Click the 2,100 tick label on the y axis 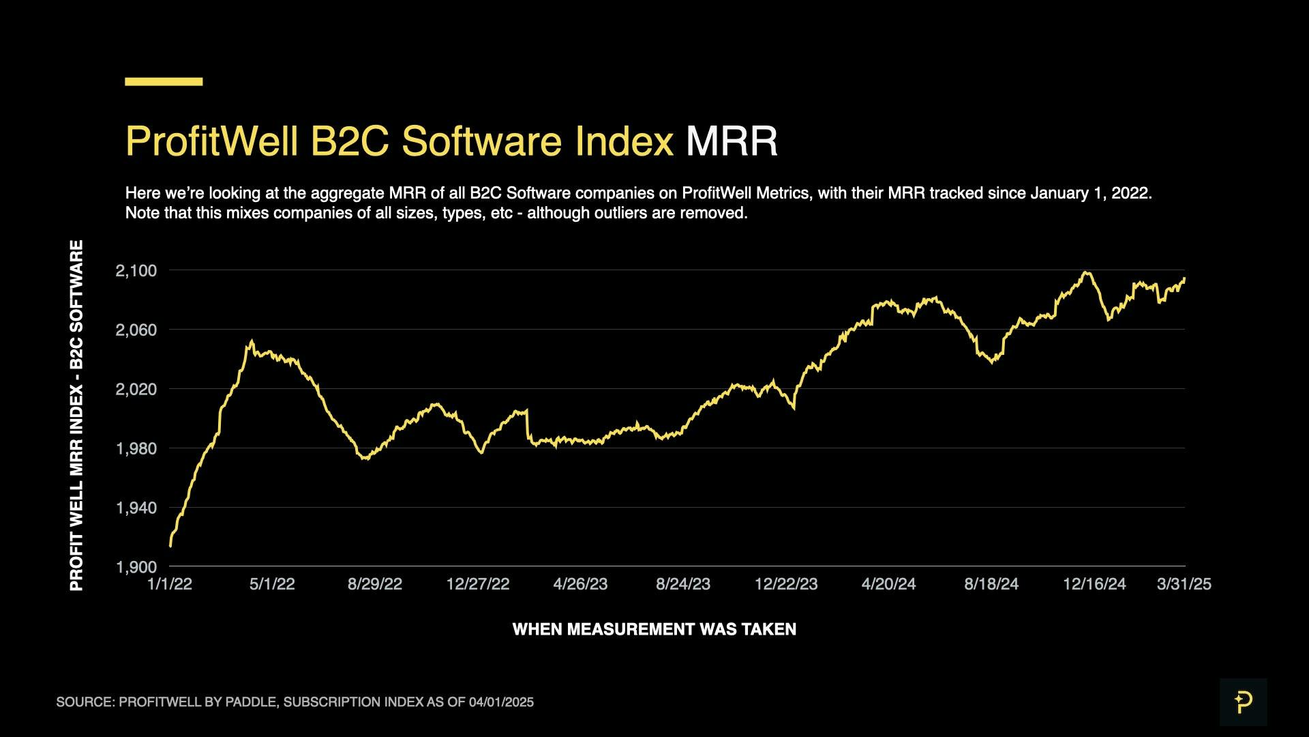(136, 271)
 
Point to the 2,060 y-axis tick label (136, 330)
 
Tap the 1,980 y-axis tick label (136, 449)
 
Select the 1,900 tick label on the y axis (136, 567)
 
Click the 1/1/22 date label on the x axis (170, 584)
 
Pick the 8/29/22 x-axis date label (375, 584)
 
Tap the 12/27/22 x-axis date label (478, 584)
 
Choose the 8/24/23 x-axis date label (683, 584)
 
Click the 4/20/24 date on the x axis (888, 584)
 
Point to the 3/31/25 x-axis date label (1184, 584)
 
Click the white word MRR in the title (732, 141)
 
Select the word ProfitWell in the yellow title (211, 141)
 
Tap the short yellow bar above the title (164, 82)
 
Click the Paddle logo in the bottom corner (1243, 702)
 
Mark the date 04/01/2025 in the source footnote (501, 702)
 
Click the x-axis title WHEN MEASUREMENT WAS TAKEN (654, 629)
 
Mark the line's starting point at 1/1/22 (170, 546)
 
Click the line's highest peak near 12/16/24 (1086, 273)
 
